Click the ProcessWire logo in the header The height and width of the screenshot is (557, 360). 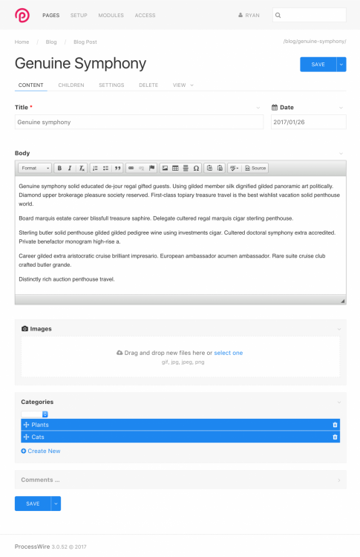click(x=23, y=15)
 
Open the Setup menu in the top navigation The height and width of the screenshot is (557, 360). click(x=79, y=15)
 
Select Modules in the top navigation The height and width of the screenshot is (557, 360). click(x=111, y=15)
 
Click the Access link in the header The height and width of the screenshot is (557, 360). click(x=145, y=15)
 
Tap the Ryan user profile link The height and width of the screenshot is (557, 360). click(x=249, y=15)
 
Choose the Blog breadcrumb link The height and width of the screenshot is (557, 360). click(x=51, y=42)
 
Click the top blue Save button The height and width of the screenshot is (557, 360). click(x=318, y=65)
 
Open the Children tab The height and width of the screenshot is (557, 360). click(x=71, y=85)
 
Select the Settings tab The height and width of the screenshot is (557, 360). click(x=111, y=85)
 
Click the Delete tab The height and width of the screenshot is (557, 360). click(x=148, y=85)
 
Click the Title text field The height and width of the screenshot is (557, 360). click(x=139, y=122)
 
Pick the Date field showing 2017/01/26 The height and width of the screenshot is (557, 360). click(x=308, y=122)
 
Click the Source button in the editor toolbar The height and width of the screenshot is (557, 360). click(x=256, y=168)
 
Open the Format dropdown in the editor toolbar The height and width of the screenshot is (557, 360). click(x=35, y=168)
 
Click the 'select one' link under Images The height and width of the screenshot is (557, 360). click(x=229, y=353)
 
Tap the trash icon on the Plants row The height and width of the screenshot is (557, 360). click(x=335, y=425)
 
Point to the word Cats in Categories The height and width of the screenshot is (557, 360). click(x=38, y=437)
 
